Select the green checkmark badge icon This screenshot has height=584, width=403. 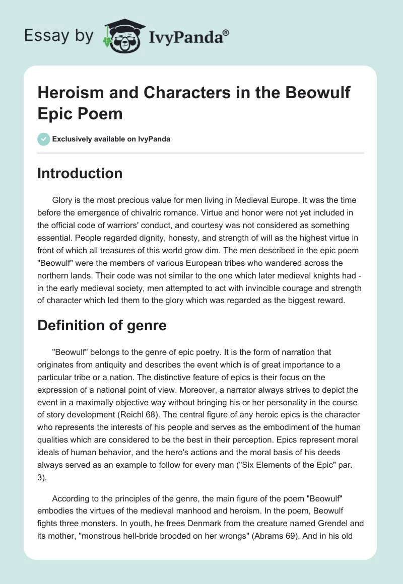(44, 139)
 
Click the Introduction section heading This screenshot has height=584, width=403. (80, 174)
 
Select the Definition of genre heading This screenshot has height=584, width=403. (102, 326)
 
